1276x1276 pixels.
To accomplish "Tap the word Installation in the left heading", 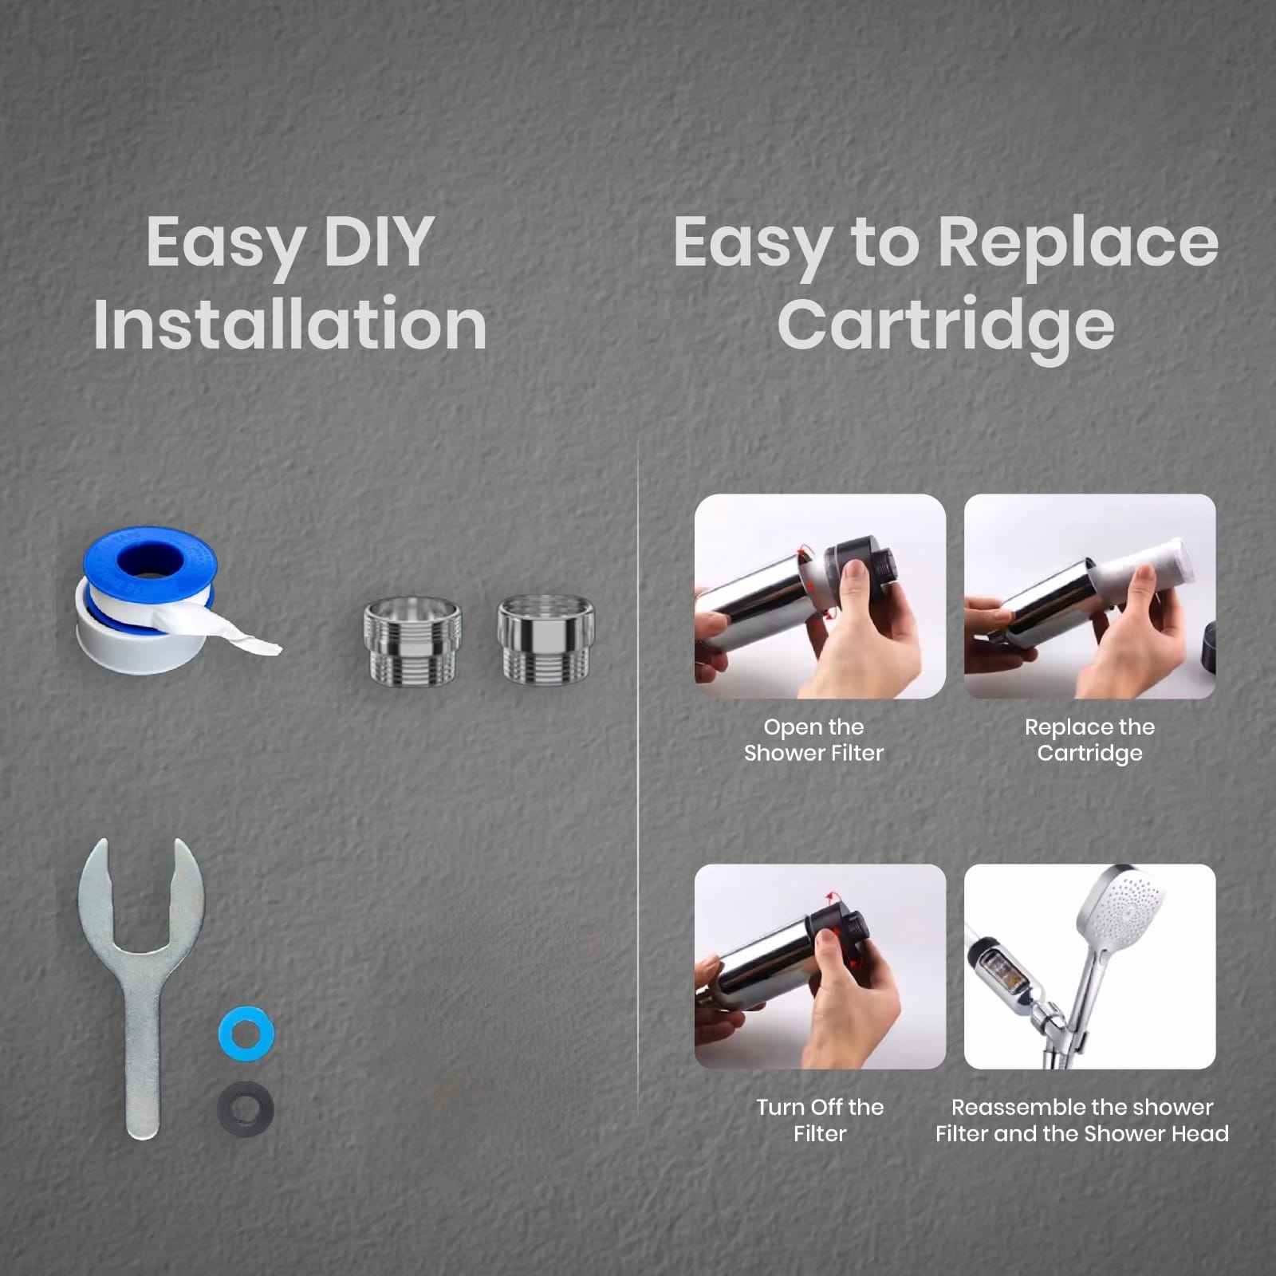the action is coord(290,324).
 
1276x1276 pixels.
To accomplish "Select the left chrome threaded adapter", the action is coord(412,640).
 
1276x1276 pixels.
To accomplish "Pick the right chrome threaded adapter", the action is coord(546,640).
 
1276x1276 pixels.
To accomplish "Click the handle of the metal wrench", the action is coord(143,1061).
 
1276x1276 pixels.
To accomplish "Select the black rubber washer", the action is coord(246,1109).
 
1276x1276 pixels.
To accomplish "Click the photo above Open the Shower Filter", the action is coord(820,597).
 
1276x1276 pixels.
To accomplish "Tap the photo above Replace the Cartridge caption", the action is coord(1089,597).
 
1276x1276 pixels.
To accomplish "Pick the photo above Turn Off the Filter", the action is coord(820,967).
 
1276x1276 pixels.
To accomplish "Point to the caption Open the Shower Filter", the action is coord(814,740).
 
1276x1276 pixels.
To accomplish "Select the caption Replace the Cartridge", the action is coord(1089,740).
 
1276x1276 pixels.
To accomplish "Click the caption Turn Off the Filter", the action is coord(820,1120).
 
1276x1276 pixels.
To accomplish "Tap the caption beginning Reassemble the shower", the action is coord(1082,1120).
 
